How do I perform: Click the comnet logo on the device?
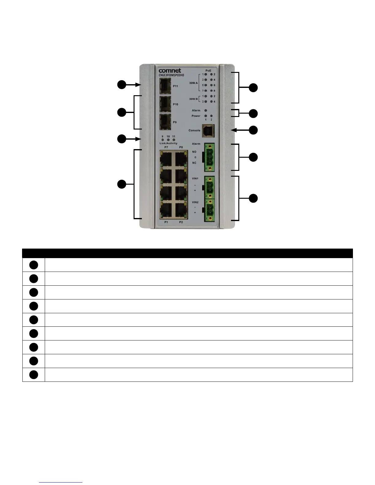pos(170,71)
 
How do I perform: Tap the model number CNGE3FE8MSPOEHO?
pos(171,75)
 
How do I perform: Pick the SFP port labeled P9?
pos(165,122)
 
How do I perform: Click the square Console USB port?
pos(208,131)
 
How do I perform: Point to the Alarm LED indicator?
pos(206,111)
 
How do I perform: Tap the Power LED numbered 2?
pos(211,116)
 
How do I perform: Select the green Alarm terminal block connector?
pos(210,157)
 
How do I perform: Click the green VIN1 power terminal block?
pos(210,187)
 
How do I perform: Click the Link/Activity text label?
pos(169,143)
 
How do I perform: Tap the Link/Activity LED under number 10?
pos(168,140)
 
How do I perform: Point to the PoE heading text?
pos(208,71)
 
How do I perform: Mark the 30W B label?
pos(193,99)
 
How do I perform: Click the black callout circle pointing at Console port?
pos(253,130)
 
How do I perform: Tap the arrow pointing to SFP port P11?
pos(133,85)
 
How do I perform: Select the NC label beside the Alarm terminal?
pos(194,163)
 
